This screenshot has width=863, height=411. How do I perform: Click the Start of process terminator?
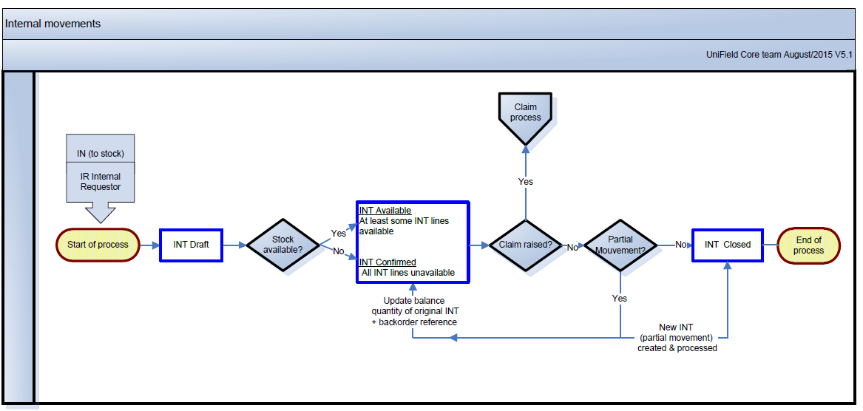click(x=98, y=245)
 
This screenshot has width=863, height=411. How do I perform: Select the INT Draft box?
click(x=191, y=245)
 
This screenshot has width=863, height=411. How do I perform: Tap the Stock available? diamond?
click(x=282, y=245)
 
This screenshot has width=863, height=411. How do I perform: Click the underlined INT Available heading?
click(x=385, y=211)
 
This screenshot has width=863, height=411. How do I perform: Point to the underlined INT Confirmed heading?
click(x=387, y=262)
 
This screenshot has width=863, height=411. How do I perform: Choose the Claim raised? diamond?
click(x=525, y=245)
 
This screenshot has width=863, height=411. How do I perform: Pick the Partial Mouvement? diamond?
click(x=620, y=245)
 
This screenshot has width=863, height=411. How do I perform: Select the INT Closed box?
click(x=727, y=245)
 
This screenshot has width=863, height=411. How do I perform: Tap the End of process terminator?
click(x=808, y=245)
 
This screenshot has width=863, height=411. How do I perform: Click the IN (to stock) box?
click(x=101, y=154)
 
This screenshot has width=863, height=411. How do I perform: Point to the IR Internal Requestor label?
click(x=101, y=182)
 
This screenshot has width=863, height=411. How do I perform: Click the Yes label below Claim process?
click(x=525, y=182)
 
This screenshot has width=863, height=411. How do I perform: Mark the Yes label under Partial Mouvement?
click(x=620, y=299)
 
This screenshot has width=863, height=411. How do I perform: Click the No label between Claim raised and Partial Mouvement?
click(x=572, y=248)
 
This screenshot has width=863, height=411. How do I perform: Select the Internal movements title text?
click(x=53, y=24)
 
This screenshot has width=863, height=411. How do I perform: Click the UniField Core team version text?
click(x=779, y=55)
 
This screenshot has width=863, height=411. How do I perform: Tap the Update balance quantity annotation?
click(x=414, y=311)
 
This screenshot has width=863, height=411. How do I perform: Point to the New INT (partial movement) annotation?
click(x=677, y=337)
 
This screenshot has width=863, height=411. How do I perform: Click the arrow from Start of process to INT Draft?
click(x=150, y=245)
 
